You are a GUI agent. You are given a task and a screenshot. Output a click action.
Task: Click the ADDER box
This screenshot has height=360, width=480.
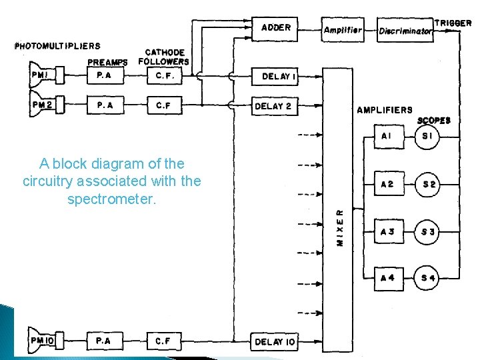coord(275,29)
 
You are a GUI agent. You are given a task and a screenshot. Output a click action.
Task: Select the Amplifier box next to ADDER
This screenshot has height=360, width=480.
coord(343,30)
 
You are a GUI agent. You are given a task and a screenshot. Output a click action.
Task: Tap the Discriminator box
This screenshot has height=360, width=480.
coord(405,31)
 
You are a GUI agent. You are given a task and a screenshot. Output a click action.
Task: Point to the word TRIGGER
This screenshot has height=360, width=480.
coord(453,23)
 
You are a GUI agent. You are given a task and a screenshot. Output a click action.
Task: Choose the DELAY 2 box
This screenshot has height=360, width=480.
coord(273,106)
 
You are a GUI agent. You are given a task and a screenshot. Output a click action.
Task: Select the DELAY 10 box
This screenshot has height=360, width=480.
coord(274,341)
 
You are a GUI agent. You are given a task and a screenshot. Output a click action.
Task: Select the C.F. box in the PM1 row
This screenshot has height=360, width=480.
coord(164,76)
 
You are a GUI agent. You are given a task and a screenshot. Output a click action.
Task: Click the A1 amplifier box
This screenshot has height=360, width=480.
coord(387,137)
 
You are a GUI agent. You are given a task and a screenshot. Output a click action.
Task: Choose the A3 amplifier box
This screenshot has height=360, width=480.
coord(387,231)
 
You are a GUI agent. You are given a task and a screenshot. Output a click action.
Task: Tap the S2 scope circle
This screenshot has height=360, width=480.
coord(429,184)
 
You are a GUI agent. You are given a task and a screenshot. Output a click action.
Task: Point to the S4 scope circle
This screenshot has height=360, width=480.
coord(429,278)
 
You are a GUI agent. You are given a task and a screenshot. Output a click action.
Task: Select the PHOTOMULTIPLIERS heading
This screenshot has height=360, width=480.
coord(57,46)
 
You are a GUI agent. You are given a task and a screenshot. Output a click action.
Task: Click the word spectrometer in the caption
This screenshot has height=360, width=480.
coord(111,199)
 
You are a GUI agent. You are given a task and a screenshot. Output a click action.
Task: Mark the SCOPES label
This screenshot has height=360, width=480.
coord(434,121)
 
